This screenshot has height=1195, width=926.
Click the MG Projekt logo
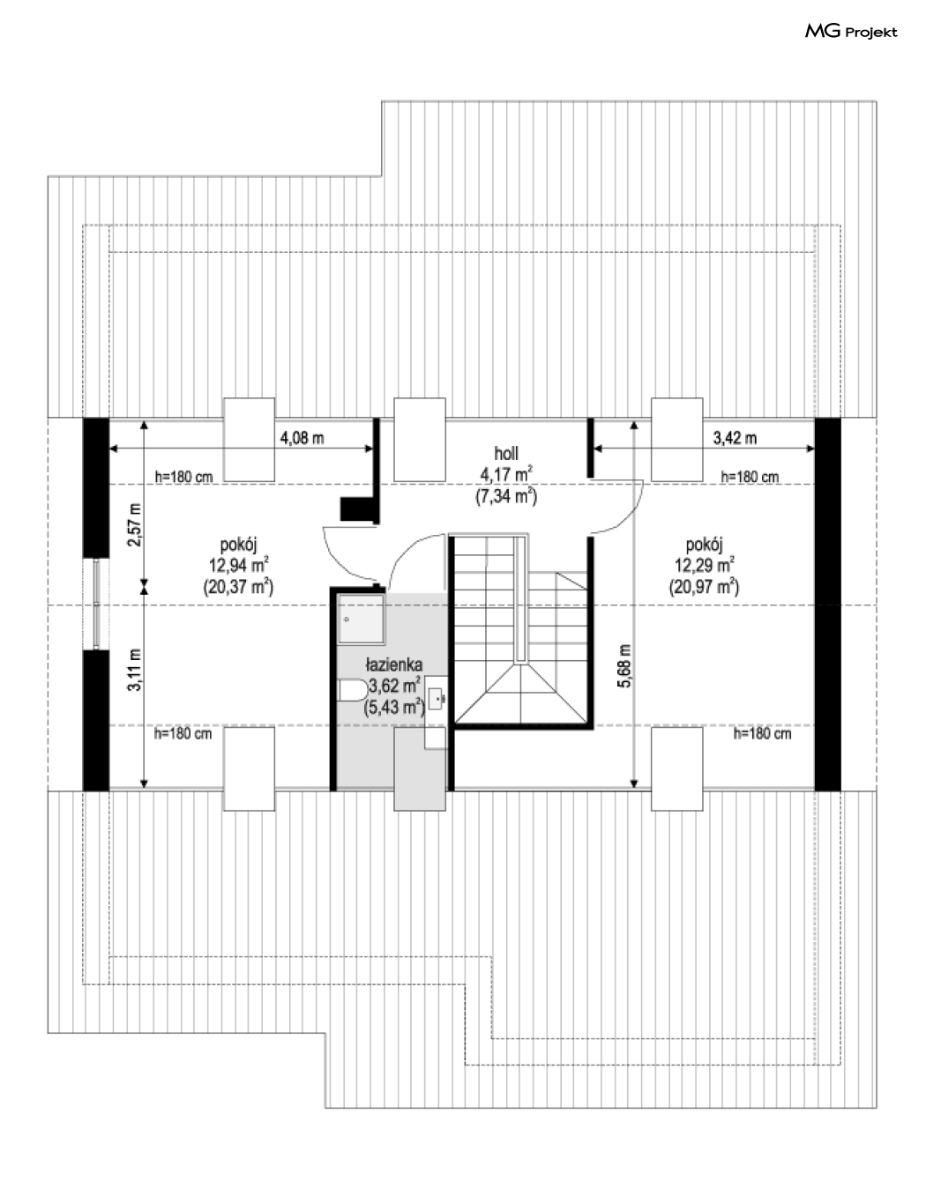(851, 32)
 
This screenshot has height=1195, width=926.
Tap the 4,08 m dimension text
(302, 438)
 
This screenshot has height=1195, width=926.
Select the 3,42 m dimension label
(735, 438)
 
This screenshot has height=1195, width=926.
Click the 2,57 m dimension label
(134, 524)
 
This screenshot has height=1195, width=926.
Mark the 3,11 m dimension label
(134, 670)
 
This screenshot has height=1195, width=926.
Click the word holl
(506, 454)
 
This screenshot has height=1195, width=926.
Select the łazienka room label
(394, 664)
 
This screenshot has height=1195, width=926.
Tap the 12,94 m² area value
(239, 565)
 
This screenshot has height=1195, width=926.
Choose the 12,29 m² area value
(705, 565)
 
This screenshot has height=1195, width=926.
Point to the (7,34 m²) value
(506, 496)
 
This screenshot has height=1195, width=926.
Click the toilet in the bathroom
(353, 691)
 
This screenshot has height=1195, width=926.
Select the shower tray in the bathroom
(361, 619)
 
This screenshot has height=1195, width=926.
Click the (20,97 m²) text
(705, 587)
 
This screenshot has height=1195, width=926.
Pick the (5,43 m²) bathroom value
(394, 707)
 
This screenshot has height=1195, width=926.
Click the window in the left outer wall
(96, 605)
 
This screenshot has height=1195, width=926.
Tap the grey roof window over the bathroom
(419, 768)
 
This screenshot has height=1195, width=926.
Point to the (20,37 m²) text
(239, 587)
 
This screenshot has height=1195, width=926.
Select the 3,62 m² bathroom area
(395, 686)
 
